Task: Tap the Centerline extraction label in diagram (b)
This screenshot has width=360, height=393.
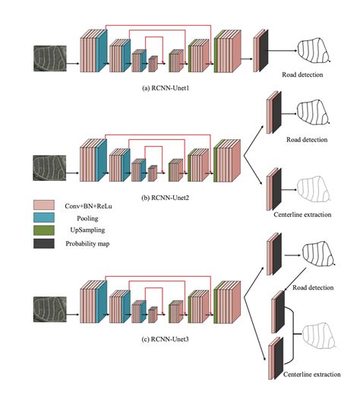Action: pos(302,215)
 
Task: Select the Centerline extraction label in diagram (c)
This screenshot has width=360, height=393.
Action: pos(302,375)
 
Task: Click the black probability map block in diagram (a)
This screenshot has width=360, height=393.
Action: pos(264,52)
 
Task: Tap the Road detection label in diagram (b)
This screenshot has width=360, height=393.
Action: pos(306,140)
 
